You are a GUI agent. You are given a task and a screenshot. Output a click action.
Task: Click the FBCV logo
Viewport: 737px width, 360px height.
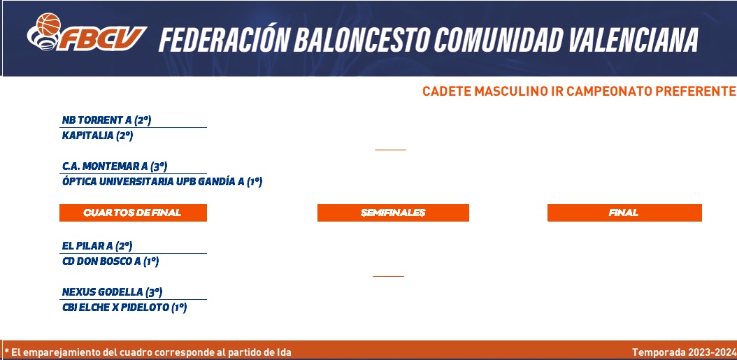pyautogui.click(x=87, y=32)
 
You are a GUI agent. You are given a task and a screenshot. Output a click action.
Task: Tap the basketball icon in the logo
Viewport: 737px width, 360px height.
pyautogui.click(x=48, y=24)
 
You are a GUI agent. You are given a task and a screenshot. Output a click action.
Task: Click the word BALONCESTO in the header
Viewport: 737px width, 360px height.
pyautogui.click(x=362, y=39)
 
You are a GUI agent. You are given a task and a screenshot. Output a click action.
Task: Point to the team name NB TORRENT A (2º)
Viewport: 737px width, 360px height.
pyautogui.click(x=107, y=120)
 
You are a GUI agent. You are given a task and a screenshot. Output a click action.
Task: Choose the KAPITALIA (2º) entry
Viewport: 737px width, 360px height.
pyautogui.click(x=97, y=136)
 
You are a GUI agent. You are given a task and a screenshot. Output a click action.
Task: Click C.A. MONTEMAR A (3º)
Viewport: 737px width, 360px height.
pyautogui.click(x=115, y=166)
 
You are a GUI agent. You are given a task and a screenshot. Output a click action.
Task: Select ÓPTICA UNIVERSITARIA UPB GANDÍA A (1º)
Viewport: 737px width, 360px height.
pyautogui.click(x=162, y=182)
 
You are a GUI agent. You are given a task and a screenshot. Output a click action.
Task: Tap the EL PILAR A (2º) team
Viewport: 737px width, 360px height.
pyautogui.click(x=97, y=246)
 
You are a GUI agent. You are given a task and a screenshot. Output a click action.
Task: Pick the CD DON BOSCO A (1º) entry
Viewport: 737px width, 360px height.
pyautogui.click(x=110, y=261)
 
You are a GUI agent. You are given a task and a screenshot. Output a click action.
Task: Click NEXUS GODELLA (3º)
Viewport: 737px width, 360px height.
pyautogui.click(x=113, y=292)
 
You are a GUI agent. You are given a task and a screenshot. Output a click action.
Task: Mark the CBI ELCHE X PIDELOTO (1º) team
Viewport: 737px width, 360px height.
pyautogui.click(x=124, y=308)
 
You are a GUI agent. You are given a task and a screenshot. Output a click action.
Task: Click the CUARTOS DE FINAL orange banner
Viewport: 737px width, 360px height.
pyautogui.click(x=133, y=213)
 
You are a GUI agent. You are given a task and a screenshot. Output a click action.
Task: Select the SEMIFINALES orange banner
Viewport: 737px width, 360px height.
pyautogui.click(x=393, y=213)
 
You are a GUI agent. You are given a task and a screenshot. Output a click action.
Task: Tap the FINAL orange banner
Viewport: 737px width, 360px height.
pyautogui.click(x=624, y=213)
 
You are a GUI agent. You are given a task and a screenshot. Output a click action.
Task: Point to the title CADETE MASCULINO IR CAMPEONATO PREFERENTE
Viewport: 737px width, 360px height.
pyautogui.click(x=579, y=91)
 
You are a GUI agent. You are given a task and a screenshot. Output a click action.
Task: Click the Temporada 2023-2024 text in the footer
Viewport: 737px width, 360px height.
pyautogui.click(x=683, y=352)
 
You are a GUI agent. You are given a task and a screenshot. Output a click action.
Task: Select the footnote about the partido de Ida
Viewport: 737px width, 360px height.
pyautogui.click(x=148, y=352)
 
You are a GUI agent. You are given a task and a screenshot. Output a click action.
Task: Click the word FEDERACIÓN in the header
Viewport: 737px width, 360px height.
pyautogui.click(x=224, y=39)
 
